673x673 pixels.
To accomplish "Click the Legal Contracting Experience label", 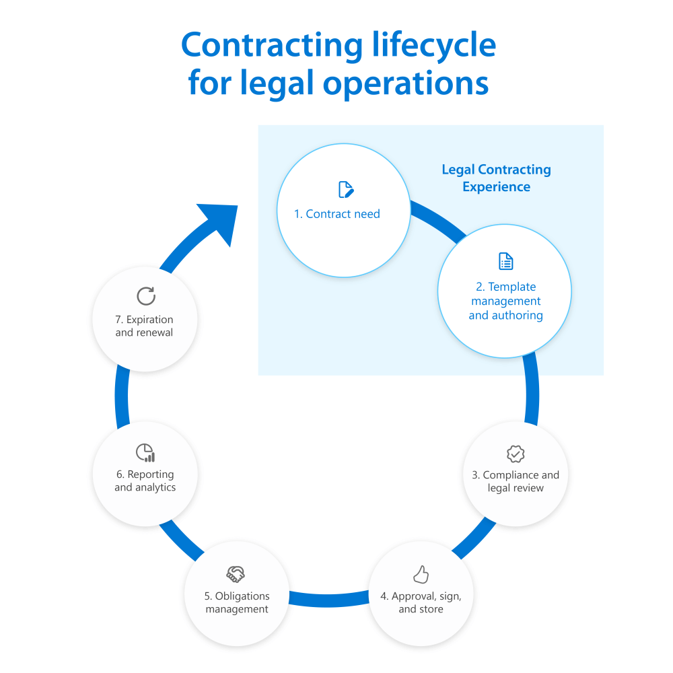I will point(496,178).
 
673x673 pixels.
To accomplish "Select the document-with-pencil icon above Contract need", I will point(346,189).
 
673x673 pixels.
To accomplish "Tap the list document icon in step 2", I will point(505,261).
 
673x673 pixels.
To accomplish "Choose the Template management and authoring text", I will point(505,301).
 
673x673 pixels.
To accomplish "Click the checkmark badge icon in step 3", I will point(516,454).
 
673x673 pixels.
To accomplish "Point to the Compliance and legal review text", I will point(516,481).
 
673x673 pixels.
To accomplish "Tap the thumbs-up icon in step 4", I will point(421,575).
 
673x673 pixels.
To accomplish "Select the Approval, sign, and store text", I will point(421,602).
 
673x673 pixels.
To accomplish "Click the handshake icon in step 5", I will point(236,574).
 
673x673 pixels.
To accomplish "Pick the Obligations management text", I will point(237,602).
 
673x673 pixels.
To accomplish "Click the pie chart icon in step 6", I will point(145,452).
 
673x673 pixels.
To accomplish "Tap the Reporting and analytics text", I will point(145,481).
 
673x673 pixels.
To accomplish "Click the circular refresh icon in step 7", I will point(145,296).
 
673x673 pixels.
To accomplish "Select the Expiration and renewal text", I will point(144,326).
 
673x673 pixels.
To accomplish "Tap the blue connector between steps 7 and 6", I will point(122,397).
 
